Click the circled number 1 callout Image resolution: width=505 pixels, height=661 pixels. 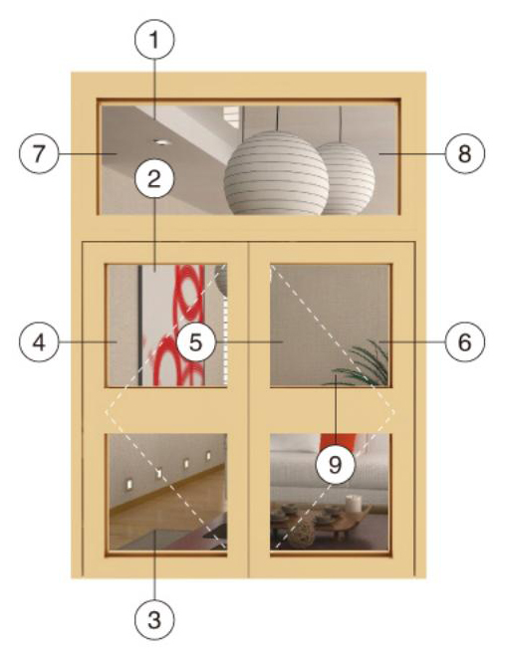coord(154,40)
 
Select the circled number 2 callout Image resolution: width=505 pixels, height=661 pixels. coord(154,179)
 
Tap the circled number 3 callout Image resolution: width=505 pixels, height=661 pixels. coord(154,619)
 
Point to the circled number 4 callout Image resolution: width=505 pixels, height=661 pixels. coord(39,342)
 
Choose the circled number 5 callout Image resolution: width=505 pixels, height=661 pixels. coord(196,341)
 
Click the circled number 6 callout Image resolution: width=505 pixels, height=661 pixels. coord(464,342)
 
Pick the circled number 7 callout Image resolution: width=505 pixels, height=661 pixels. coord(39,153)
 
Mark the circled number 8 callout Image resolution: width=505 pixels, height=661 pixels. coord(464,153)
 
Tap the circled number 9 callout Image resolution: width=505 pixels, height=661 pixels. coord(336,465)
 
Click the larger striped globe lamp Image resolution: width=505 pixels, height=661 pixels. coord(276,173)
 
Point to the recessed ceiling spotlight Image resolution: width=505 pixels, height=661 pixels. coord(160,142)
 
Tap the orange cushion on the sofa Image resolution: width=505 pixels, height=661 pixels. coord(338,441)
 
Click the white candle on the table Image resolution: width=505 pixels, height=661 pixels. coord(353,504)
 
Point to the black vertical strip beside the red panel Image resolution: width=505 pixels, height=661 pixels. coord(139,325)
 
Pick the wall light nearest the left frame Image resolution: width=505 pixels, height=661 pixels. coord(129,483)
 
